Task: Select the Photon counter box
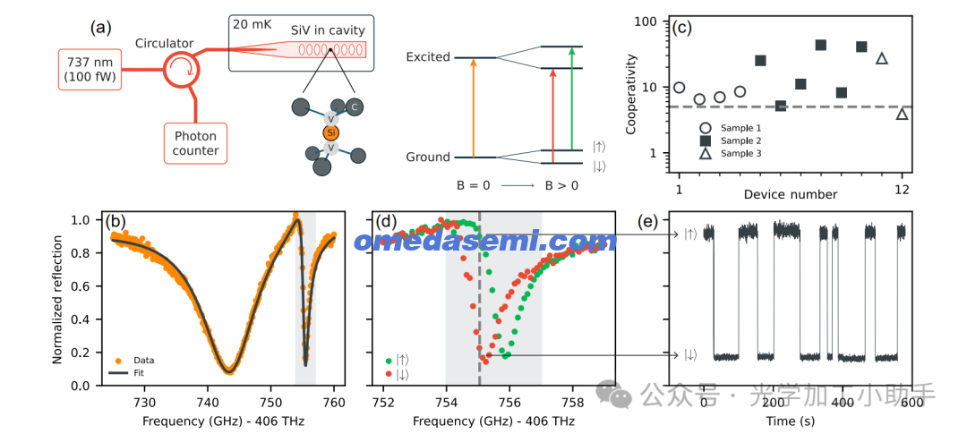[196, 143]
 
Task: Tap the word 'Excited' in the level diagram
[428, 57]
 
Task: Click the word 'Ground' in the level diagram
[428, 157]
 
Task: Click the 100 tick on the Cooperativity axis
[657, 21]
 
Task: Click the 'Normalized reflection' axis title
[58, 299]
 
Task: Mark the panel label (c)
[683, 27]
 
